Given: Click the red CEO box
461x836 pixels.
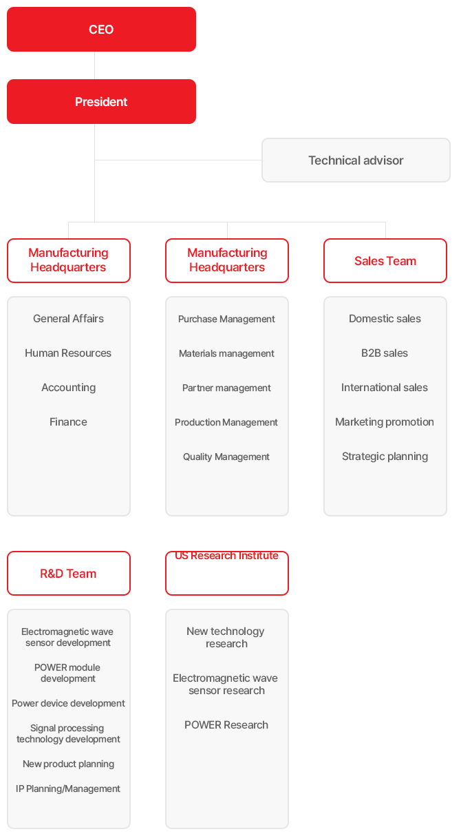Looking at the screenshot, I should click(100, 30).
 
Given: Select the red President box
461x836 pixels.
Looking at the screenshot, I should click(100, 102).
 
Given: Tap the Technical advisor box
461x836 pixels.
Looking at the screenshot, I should click(356, 160).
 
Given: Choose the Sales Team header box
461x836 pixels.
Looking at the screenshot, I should click(385, 261).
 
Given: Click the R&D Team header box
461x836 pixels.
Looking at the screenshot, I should click(68, 574).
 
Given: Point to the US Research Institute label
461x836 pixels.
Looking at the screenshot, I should click(226, 556).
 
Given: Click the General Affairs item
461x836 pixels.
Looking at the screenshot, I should click(68, 319).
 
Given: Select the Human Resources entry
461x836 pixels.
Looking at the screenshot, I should click(68, 353).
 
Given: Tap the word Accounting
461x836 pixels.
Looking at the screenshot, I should click(68, 388).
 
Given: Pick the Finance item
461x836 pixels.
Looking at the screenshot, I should click(68, 422).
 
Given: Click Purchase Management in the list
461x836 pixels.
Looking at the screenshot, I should click(226, 319).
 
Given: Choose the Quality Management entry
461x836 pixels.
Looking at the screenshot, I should click(226, 457).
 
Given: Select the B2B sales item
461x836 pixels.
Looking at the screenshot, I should click(385, 353).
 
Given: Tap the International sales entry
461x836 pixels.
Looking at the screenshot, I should click(385, 388).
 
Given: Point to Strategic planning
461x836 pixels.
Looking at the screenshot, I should click(385, 457).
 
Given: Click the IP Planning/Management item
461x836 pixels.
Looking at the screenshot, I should click(68, 788).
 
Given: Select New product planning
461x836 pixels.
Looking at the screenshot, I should click(68, 764).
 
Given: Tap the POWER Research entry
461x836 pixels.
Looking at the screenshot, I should click(226, 724).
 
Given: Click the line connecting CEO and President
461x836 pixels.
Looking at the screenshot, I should click(94, 65).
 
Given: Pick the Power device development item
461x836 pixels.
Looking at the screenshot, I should click(68, 703).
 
